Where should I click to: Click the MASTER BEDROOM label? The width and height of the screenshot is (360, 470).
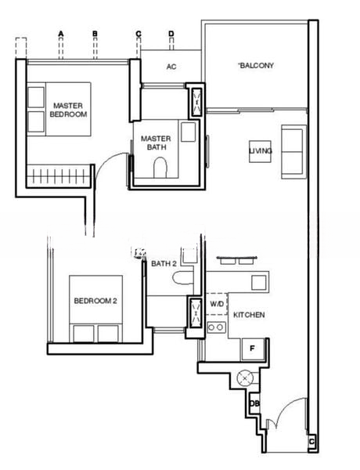(68, 110)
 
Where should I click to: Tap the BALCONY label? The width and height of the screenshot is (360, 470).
(256, 65)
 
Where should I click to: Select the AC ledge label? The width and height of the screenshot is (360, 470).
(171, 67)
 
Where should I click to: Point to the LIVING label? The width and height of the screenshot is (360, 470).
(261, 150)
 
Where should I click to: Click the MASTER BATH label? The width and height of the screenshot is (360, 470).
(156, 143)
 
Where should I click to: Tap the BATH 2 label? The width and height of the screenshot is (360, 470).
(164, 264)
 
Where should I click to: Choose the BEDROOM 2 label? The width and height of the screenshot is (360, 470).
(95, 301)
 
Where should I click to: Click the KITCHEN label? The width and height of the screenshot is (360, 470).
(249, 315)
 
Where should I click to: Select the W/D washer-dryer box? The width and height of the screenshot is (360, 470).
(217, 304)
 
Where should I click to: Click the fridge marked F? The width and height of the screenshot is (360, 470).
(253, 349)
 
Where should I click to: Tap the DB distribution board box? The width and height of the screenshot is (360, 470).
(254, 403)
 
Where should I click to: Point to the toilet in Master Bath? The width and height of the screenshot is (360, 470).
(160, 168)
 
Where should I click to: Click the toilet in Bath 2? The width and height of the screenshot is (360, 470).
(183, 277)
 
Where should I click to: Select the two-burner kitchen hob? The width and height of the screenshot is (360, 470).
(216, 327)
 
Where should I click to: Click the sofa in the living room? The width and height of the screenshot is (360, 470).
(293, 152)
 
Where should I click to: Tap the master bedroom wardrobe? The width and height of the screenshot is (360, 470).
(59, 176)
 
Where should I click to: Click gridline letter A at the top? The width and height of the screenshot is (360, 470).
(61, 34)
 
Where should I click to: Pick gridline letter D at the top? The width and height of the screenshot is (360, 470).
(171, 34)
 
